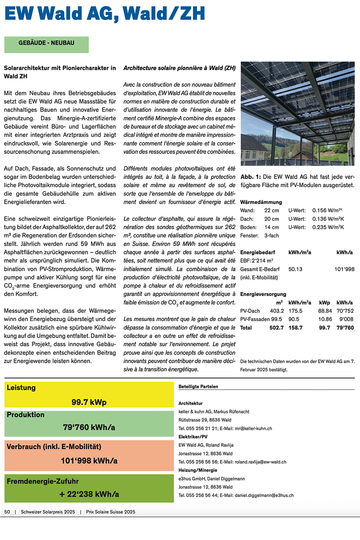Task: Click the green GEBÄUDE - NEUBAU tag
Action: [x=47, y=43]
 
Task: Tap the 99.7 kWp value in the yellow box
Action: [x=89, y=402]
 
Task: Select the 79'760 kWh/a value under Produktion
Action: [x=89, y=427]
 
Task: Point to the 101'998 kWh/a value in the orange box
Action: [x=89, y=460]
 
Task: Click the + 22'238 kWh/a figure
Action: [x=89, y=494]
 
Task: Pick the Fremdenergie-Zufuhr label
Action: [x=42, y=481]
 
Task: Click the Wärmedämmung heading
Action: [x=261, y=202]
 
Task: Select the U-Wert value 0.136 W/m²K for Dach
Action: [x=328, y=219]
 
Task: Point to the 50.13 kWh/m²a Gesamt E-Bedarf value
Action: [x=295, y=269]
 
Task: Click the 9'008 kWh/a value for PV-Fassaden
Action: [x=346, y=319]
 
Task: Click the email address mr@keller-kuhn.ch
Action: [x=253, y=429]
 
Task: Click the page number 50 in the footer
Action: [x=7, y=512]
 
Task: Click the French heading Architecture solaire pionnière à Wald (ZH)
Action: [x=180, y=68]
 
